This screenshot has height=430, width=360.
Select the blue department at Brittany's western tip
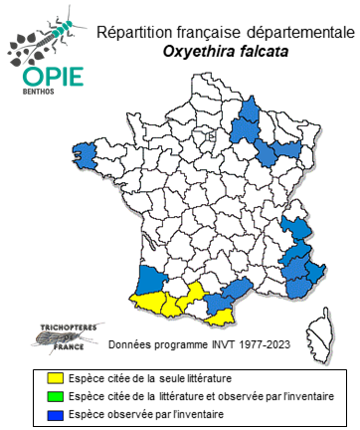(88, 154)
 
